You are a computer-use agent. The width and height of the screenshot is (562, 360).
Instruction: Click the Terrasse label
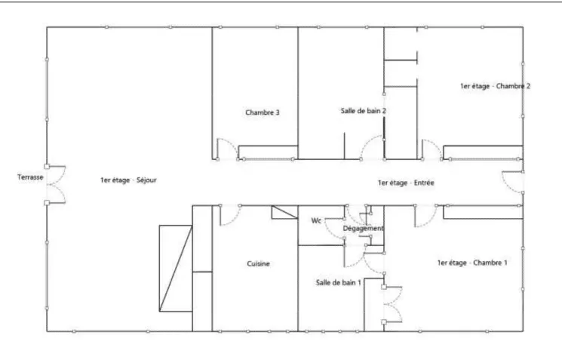click(30, 177)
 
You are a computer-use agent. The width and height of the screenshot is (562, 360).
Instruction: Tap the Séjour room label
click(128, 180)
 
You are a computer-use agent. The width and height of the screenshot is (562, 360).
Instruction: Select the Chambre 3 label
click(263, 112)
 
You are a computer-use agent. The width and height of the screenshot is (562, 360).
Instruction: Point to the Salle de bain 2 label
click(364, 111)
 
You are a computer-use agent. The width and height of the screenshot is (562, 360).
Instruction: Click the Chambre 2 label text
click(495, 86)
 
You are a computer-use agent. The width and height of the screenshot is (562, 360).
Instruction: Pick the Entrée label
click(406, 183)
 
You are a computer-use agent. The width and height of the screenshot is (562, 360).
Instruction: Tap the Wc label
click(316, 220)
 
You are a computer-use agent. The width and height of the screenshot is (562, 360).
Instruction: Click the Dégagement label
click(363, 229)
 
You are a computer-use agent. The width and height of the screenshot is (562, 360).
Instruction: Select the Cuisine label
click(258, 264)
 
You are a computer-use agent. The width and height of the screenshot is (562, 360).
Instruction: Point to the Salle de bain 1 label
click(339, 282)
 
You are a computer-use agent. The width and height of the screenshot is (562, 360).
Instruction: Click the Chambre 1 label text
click(472, 263)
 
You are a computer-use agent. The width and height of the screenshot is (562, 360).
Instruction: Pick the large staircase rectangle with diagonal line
click(176, 268)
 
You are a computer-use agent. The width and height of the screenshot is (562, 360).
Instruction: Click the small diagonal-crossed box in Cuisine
click(284, 212)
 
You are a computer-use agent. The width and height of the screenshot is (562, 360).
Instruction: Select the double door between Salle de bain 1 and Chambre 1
click(393, 305)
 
